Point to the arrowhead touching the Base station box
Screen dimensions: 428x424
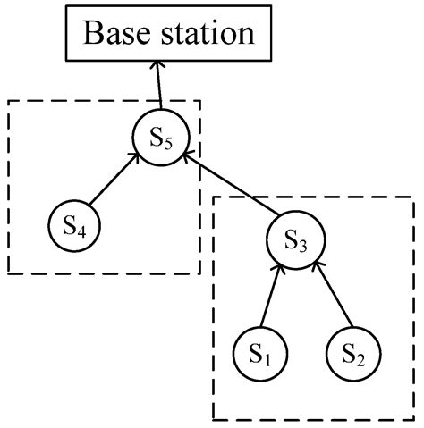[x=157, y=66]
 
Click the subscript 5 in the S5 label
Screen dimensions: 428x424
[x=169, y=144]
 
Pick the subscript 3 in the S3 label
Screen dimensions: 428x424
[x=302, y=246]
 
